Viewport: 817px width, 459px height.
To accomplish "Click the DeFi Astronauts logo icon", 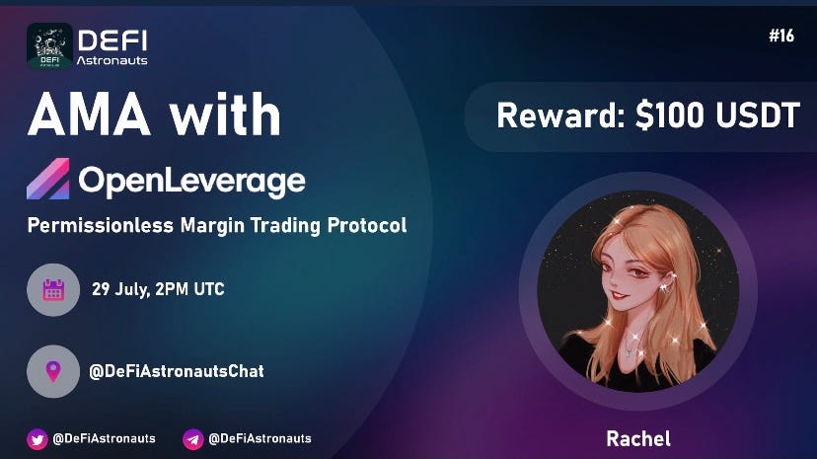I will [49, 45].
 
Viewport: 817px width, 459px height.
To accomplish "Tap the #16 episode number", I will [780, 37].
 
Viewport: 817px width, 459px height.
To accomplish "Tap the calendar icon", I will [53, 290].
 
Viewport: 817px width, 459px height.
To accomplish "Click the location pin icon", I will [53, 371].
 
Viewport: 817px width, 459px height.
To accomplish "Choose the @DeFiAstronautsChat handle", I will [177, 371].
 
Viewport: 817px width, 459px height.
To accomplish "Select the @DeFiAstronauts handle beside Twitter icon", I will [104, 438].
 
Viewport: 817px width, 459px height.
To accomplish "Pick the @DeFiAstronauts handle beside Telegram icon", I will [260, 438].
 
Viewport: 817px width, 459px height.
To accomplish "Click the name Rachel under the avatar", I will [638, 437].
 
